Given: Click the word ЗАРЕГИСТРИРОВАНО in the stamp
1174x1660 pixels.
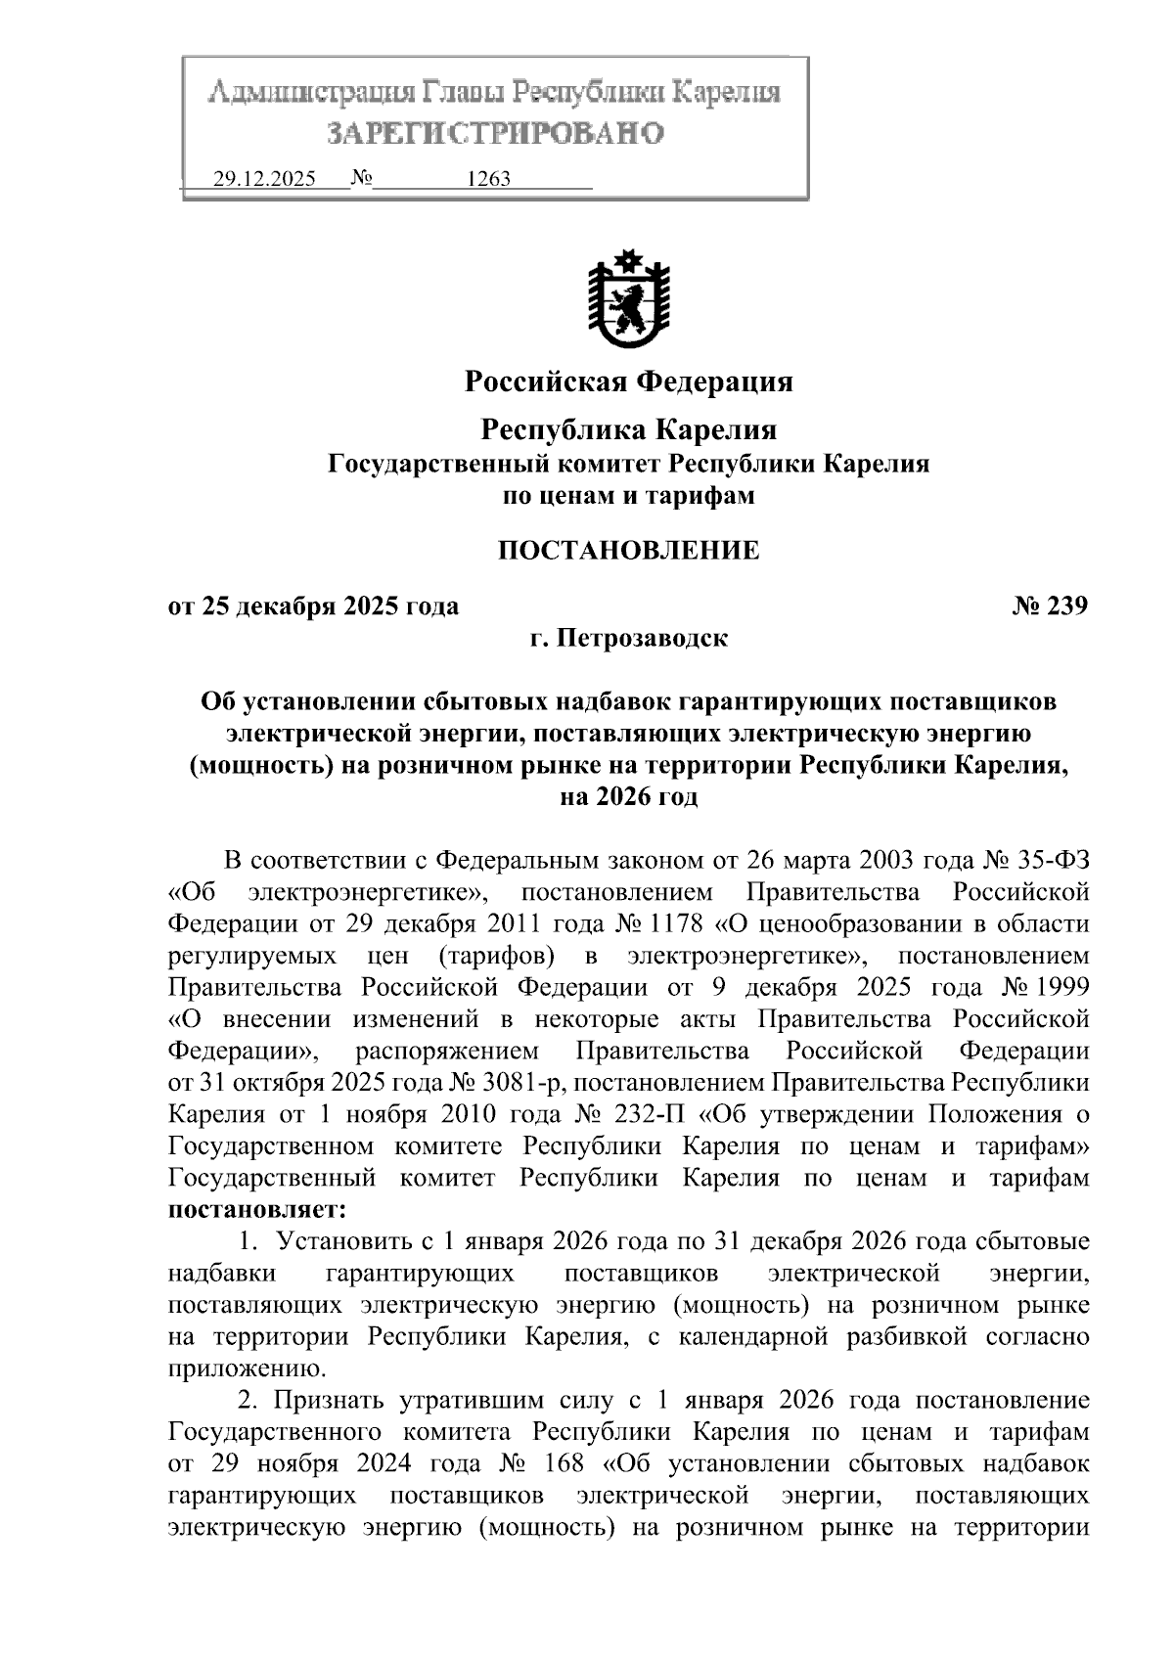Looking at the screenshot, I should point(494,133).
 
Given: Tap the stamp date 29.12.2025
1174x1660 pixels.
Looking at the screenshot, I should point(264,180).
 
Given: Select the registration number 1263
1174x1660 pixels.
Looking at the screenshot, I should point(489,180).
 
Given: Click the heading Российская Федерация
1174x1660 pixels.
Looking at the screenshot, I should point(628,381).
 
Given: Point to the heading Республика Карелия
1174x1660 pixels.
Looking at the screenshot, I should point(628,429).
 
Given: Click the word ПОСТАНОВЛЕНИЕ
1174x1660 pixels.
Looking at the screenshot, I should point(628,551).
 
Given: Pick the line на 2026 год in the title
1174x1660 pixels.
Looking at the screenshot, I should point(628,797).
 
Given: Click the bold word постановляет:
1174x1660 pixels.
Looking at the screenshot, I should point(257,1210).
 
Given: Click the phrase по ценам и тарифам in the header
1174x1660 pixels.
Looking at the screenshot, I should point(628,496).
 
